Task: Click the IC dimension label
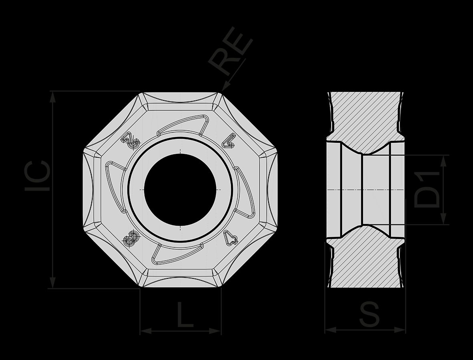(38, 176)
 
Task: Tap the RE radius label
(230, 51)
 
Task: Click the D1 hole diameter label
(427, 189)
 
